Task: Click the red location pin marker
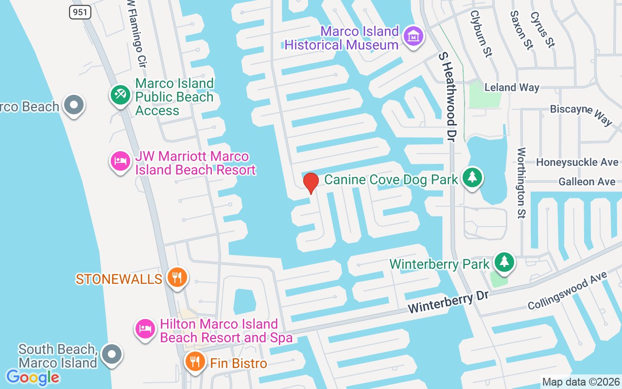[x=311, y=183]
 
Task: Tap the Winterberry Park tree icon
[x=504, y=262]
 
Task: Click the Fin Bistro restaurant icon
[x=195, y=362]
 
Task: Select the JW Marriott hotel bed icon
[x=120, y=161]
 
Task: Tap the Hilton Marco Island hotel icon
[x=145, y=329]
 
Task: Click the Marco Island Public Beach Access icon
[x=120, y=94]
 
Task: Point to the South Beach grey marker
[x=112, y=354]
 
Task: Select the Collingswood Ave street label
[x=567, y=291]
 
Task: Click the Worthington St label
[x=521, y=183]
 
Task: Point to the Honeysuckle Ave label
[x=577, y=162]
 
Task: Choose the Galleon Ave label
[x=587, y=182]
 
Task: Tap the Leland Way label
[x=512, y=88]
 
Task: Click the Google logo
[x=33, y=377]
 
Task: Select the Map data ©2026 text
[x=581, y=382]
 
